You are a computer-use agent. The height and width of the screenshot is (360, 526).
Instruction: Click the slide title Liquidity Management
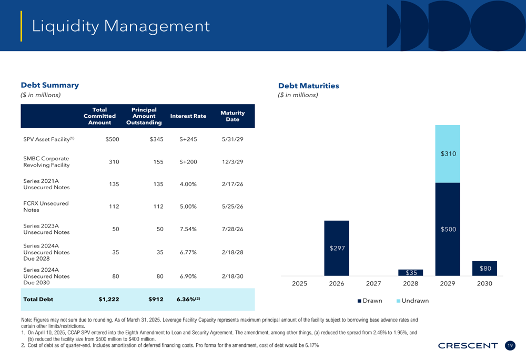(x=121, y=26)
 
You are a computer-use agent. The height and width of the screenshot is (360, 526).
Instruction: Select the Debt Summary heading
(x=49, y=85)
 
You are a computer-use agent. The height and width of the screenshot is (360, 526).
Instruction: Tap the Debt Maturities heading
(x=309, y=86)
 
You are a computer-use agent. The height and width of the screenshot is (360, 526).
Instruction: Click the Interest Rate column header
(x=188, y=116)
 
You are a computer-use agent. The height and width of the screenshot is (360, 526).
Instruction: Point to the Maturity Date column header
(x=232, y=116)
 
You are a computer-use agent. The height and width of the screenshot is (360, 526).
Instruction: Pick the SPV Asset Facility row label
(x=48, y=139)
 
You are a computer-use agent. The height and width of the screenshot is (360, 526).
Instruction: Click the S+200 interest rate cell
(x=188, y=161)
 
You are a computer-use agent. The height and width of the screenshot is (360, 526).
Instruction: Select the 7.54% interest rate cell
(x=188, y=229)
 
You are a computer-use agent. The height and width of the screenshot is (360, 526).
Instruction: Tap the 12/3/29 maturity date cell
(x=232, y=161)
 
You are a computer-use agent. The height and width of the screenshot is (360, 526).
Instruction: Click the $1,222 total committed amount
(x=109, y=300)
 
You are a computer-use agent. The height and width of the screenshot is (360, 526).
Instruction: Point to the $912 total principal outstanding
(x=156, y=300)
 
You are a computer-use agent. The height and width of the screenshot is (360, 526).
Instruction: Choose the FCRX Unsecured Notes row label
(x=46, y=207)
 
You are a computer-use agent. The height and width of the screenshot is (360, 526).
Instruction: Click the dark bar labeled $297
(x=337, y=248)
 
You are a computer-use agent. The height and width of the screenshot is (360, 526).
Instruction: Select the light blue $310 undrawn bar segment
(x=448, y=154)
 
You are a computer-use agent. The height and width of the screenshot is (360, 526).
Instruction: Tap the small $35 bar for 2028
(x=411, y=273)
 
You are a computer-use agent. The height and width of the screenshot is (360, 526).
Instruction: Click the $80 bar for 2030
(x=484, y=269)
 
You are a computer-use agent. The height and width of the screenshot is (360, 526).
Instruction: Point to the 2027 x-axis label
(x=373, y=284)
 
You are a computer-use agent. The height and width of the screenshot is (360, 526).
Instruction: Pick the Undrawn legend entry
(x=412, y=301)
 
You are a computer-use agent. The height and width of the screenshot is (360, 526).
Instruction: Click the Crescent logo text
(x=468, y=346)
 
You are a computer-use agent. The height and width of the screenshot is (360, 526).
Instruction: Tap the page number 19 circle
(x=510, y=346)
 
